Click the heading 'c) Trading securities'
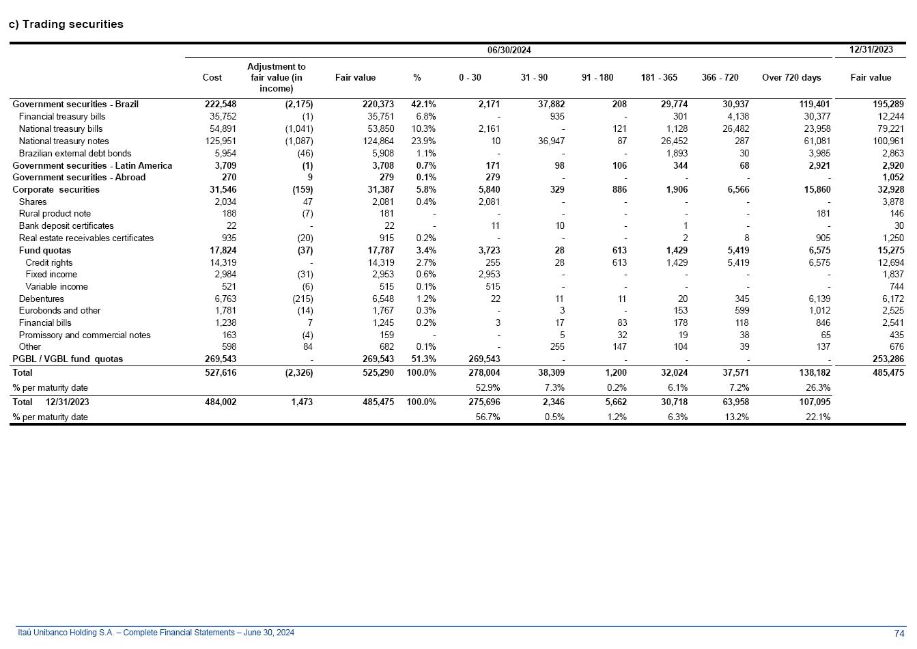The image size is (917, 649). pyautogui.click(x=66, y=25)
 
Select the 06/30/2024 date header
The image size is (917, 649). pyautogui.click(x=509, y=50)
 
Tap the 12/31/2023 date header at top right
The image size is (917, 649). pyautogui.click(x=871, y=49)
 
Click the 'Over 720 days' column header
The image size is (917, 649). pyautogui.click(x=791, y=78)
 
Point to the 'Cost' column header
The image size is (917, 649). pyautogui.click(x=212, y=78)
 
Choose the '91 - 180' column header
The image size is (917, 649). pyautogui.click(x=597, y=78)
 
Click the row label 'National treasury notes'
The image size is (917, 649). pyautogui.click(x=64, y=141)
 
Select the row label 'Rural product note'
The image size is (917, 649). pyautogui.click(x=55, y=214)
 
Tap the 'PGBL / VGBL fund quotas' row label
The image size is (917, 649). pyautogui.click(x=68, y=359)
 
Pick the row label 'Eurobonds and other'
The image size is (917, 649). pyautogui.click(x=59, y=311)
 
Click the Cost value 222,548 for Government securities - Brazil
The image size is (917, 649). pyautogui.click(x=221, y=105)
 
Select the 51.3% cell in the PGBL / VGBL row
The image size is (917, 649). pyautogui.click(x=423, y=359)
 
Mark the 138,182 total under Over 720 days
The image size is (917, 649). pyautogui.click(x=813, y=373)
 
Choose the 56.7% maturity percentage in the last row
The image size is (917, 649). pyautogui.click(x=488, y=417)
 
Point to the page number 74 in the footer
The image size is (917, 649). pyautogui.click(x=899, y=633)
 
